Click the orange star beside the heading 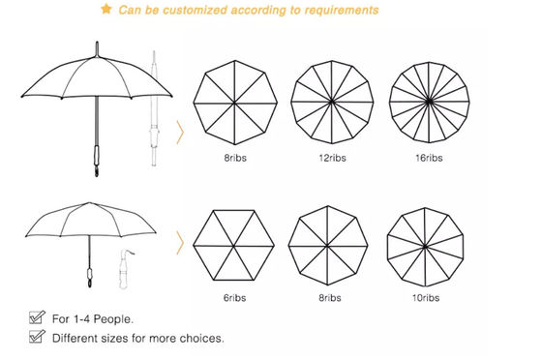[106, 9]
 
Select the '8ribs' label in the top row [235, 158]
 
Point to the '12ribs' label [332, 158]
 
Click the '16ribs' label [429, 158]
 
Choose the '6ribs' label [234, 298]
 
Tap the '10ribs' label [426, 298]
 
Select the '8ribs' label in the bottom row [330, 298]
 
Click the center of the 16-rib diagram [429, 102]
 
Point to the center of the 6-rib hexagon [234, 246]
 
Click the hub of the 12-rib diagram [332, 102]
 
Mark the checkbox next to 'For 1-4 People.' [37, 317]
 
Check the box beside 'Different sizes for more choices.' [37, 337]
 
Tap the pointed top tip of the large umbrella [97, 43]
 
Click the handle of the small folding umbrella [90, 277]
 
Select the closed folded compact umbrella [125, 268]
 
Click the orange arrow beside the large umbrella [180, 132]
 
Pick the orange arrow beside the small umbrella [180, 243]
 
